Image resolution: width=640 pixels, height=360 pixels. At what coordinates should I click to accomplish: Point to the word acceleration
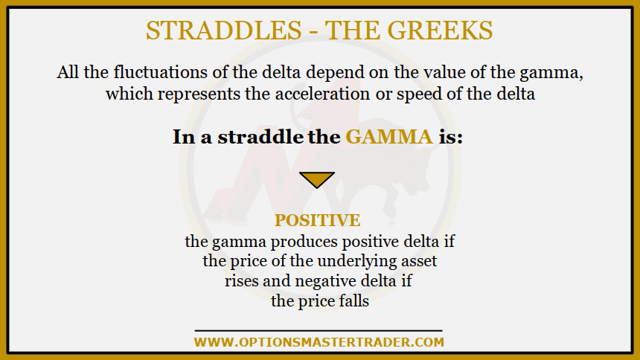click(361, 94)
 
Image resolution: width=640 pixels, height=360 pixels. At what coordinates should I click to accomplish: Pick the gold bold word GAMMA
click(388, 138)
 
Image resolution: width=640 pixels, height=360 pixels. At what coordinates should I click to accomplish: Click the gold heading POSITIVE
click(318, 220)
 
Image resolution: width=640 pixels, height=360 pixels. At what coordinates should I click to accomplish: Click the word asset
click(417, 261)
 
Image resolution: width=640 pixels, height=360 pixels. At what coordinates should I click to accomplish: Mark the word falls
click(352, 301)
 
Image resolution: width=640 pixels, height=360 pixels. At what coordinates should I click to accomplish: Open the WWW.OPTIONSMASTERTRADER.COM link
click(319, 342)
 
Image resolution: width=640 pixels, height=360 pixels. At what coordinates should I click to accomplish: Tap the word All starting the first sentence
click(68, 74)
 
